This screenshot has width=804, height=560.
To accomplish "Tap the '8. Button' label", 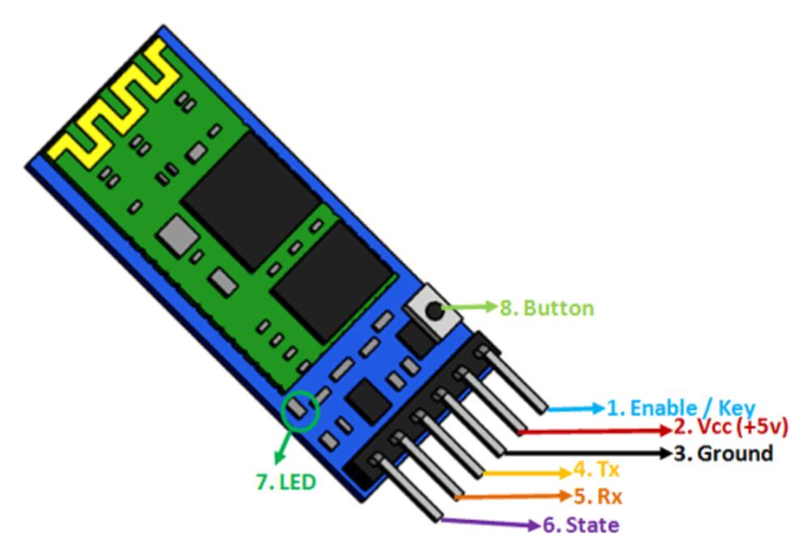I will pos(546,308).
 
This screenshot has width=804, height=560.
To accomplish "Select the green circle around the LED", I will pos(300,411).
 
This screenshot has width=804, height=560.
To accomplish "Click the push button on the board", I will pos(432,310).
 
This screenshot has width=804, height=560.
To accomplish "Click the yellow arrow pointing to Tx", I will pos(527,472).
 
